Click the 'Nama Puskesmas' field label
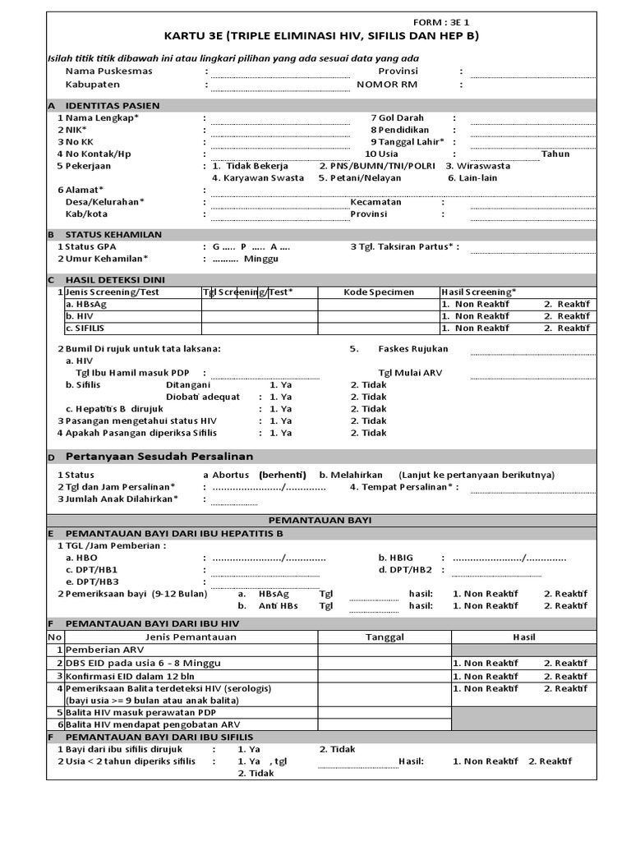(x=108, y=71)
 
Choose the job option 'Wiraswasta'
(x=477, y=165)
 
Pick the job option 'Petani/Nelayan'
(x=360, y=177)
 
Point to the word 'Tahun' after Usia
(x=555, y=154)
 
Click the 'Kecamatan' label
(x=375, y=202)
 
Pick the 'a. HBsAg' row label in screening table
(x=85, y=304)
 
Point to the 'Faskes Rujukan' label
(x=412, y=348)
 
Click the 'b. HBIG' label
(x=395, y=558)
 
